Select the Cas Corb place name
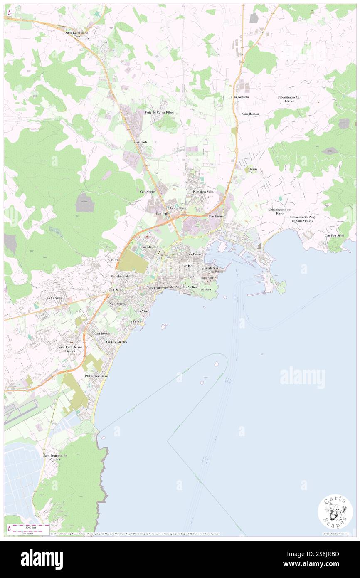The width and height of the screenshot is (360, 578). pyautogui.click(x=141, y=142)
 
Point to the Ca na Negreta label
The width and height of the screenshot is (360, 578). pyautogui.click(x=239, y=97)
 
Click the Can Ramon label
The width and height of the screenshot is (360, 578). pyautogui.click(x=251, y=114)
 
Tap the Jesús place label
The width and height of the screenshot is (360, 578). pyautogui.click(x=254, y=169)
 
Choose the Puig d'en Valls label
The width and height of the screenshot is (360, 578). pyautogui.click(x=203, y=191)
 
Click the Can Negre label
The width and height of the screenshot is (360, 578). pyautogui.click(x=147, y=191)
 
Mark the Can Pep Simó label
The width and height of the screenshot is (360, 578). pyautogui.click(x=335, y=235)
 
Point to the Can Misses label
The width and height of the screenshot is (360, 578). pyautogui.click(x=148, y=247)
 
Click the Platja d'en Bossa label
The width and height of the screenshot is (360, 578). pyautogui.click(x=97, y=376)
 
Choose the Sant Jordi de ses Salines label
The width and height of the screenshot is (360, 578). pyautogui.click(x=70, y=349)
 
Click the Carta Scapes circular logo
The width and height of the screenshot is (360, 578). pyautogui.click(x=335, y=511)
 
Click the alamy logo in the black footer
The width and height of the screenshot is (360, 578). pyautogui.click(x=42, y=559)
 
